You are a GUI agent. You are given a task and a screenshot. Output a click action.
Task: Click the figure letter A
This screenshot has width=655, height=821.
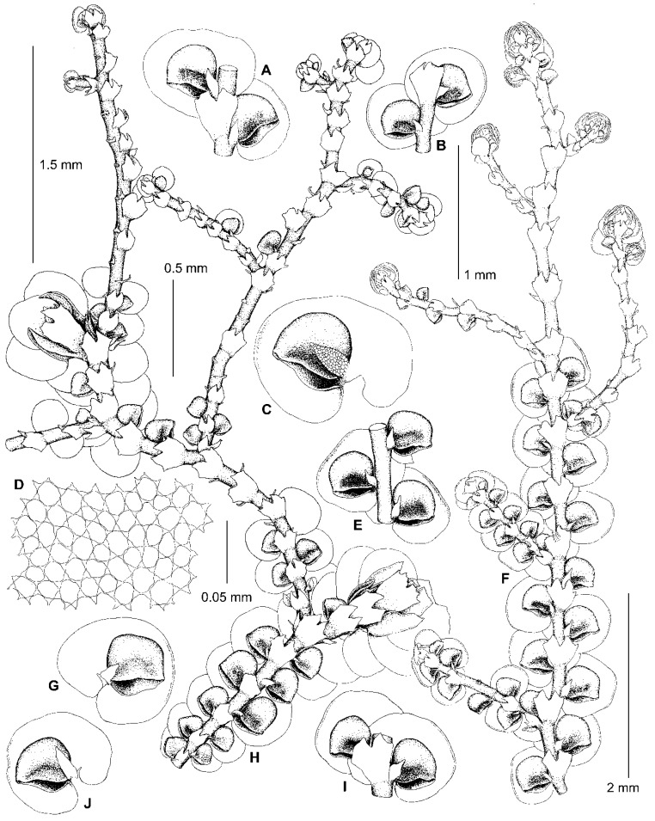[266, 70]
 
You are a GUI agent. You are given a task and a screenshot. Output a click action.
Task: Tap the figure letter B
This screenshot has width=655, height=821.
[441, 146]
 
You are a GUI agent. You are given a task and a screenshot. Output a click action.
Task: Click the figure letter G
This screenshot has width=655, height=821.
[68, 685]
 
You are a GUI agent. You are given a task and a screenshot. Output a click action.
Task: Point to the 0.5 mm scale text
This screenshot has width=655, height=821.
[186, 268]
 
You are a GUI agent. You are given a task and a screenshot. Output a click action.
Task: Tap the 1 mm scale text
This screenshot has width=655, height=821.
[481, 274]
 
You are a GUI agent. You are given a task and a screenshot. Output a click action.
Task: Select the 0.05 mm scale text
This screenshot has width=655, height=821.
[227, 597]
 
